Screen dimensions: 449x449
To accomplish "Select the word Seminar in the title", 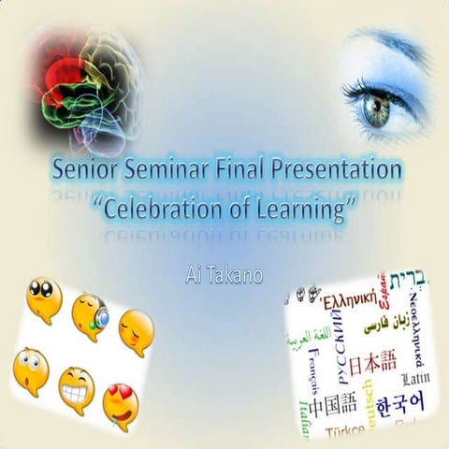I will [167, 172].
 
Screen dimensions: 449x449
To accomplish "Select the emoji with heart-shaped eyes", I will [121, 405].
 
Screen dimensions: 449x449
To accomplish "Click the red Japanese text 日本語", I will [369, 359].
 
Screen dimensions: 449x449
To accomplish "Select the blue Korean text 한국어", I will [393, 406].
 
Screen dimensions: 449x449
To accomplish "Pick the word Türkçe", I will [347, 433].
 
